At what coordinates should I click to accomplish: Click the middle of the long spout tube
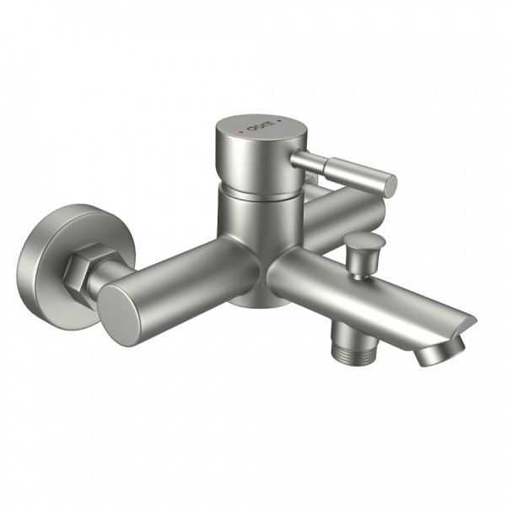click(x=371, y=295)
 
